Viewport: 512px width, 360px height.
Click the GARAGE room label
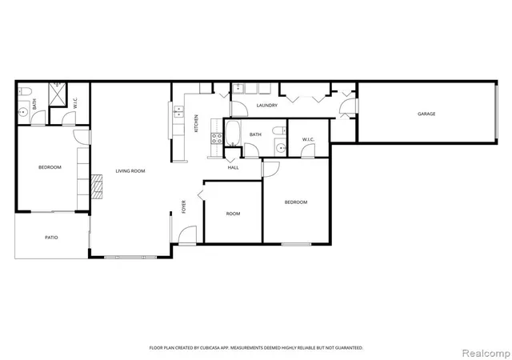coord(426,114)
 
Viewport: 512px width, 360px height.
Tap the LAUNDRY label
coord(266,105)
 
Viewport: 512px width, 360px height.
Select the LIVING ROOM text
coord(130,171)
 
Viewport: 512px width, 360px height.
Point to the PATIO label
coord(51,238)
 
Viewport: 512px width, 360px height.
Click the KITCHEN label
coord(196,123)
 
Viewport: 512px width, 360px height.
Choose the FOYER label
coord(183,206)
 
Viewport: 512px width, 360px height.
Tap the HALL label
coord(233,167)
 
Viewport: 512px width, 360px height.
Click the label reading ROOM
coord(233,214)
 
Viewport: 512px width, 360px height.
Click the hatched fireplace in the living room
coord(97,187)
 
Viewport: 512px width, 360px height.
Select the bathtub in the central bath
coord(233,134)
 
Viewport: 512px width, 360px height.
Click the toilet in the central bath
coord(279,130)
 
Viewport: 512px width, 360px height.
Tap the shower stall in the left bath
coord(58,94)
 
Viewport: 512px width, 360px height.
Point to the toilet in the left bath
coord(25,91)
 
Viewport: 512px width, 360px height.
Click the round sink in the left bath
coord(23,112)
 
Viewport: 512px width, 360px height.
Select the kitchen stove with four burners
coord(217,138)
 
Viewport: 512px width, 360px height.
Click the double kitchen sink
coord(178,111)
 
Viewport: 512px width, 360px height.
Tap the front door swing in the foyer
coord(187,234)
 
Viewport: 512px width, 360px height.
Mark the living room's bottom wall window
coord(130,257)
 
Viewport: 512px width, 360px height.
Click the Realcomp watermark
coord(486,354)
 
